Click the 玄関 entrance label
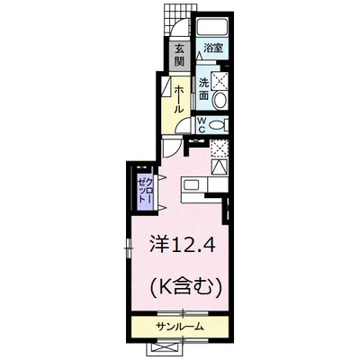pos(179,55)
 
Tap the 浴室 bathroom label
pos(212,48)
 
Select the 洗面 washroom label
pos(204,85)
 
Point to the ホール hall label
pos(179,94)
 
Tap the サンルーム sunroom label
pos(179,326)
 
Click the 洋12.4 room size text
pos(180,243)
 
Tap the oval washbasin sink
pos(223,87)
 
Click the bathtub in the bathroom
pos(213,28)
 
